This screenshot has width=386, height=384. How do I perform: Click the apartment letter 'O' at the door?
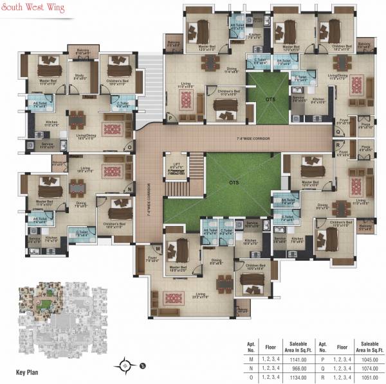(x=129, y=146)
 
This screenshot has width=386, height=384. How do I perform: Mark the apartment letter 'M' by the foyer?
(x=156, y=248)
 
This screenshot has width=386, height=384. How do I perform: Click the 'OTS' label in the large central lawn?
(x=233, y=182)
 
